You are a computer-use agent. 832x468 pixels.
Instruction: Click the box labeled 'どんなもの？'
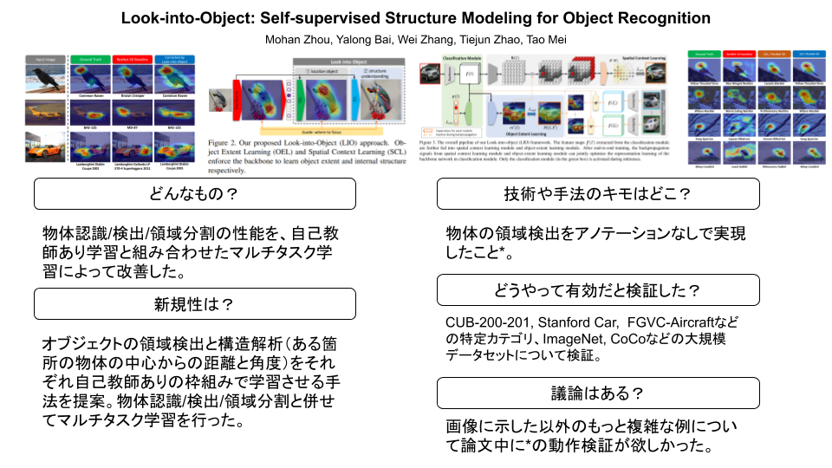[x=195, y=194]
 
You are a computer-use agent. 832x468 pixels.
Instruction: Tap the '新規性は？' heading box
[x=195, y=303]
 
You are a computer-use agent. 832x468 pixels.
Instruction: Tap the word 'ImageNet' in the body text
[x=569, y=339]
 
